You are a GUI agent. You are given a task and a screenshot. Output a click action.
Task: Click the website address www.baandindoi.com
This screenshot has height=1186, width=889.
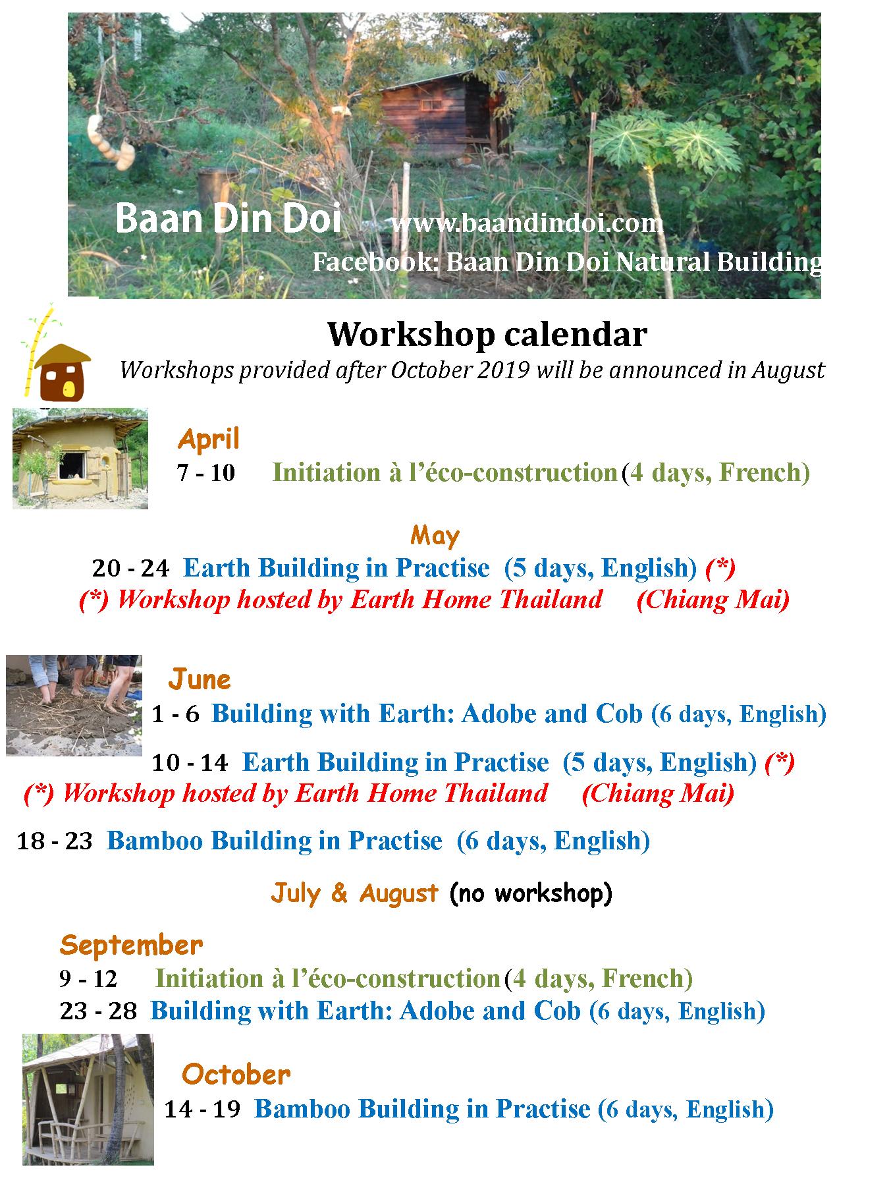(x=527, y=223)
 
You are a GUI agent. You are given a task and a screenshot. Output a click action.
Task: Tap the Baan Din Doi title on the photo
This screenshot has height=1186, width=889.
(x=228, y=217)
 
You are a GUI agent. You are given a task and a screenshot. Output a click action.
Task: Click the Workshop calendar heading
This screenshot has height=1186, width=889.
(x=487, y=334)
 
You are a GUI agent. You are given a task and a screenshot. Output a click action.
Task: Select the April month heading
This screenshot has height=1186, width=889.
(x=208, y=439)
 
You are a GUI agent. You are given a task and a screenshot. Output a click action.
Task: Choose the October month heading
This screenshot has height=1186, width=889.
(x=236, y=1075)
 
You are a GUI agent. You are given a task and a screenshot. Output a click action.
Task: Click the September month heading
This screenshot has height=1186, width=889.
(x=131, y=946)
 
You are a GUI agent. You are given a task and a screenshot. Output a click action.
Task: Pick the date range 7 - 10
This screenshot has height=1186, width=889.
(x=206, y=472)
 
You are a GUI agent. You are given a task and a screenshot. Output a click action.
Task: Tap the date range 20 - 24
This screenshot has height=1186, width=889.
(x=130, y=567)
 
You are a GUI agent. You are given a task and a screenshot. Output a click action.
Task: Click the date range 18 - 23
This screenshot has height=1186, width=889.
(x=55, y=841)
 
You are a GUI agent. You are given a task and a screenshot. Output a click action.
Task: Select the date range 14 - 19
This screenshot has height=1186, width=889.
(x=203, y=1109)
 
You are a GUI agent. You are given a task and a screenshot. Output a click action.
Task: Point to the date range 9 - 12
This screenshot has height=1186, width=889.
(x=88, y=978)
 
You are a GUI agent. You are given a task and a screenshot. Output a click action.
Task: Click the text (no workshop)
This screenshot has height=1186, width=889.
(x=531, y=893)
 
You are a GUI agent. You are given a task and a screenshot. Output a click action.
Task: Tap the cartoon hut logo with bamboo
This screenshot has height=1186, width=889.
(x=57, y=356)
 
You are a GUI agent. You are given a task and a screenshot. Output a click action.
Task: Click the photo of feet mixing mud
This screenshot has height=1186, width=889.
(x=74, y=705)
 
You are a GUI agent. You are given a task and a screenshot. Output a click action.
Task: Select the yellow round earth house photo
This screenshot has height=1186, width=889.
(x=80, y=459)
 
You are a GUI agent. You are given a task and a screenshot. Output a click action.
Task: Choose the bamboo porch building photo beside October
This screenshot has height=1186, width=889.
(x=88, y=1099)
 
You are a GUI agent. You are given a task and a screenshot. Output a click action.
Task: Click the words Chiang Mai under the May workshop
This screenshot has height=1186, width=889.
(x=713, y=600)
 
